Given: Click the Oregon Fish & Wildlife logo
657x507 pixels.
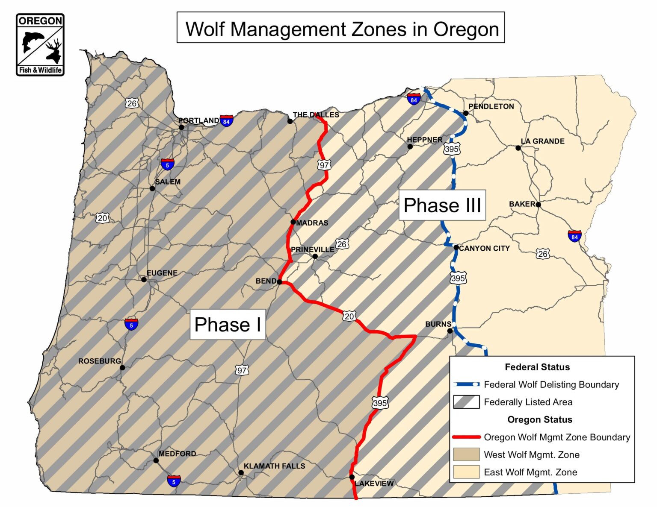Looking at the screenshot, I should click(40, 45).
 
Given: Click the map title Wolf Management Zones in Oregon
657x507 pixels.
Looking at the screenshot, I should click(341, 29).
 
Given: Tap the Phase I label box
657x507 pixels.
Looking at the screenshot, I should click(228, 325).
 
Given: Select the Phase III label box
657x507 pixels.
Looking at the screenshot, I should click(442, 205).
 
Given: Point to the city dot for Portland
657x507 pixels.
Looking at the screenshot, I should click(181, 127).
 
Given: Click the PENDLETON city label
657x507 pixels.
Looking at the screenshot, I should click(491, 106).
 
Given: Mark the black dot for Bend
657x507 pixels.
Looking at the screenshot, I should click(279, 282).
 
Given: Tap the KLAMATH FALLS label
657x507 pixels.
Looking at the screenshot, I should click(274, 466).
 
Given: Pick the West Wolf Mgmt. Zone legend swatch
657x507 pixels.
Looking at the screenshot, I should click(466, 454).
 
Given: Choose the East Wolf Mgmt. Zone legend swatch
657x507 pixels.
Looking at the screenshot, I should click(466, 472).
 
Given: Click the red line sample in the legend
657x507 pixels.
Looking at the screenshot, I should click(466, 437).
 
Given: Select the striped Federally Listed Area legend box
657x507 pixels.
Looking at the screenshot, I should click(466, 402).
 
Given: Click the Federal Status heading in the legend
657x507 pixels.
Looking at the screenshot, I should click(537, 367).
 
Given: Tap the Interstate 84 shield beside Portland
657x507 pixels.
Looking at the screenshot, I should click(226, 121).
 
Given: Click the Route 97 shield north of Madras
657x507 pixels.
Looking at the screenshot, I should click(324, 165).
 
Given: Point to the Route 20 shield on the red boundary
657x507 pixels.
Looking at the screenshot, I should click(349, 316).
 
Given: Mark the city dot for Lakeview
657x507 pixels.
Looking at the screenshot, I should click(352, 477).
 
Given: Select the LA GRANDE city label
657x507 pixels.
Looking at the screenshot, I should click(542, 141).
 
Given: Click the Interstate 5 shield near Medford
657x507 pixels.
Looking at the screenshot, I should click(174, 481).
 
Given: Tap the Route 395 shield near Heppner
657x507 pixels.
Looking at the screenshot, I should click(452, 149).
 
